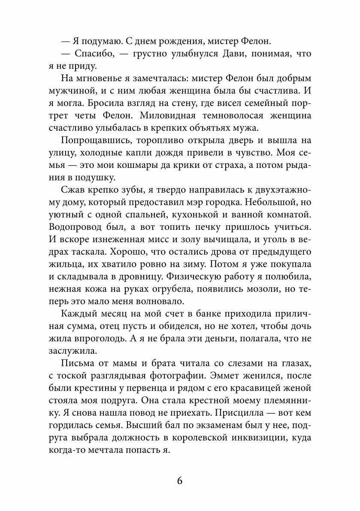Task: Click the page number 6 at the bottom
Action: coord(180,480)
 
